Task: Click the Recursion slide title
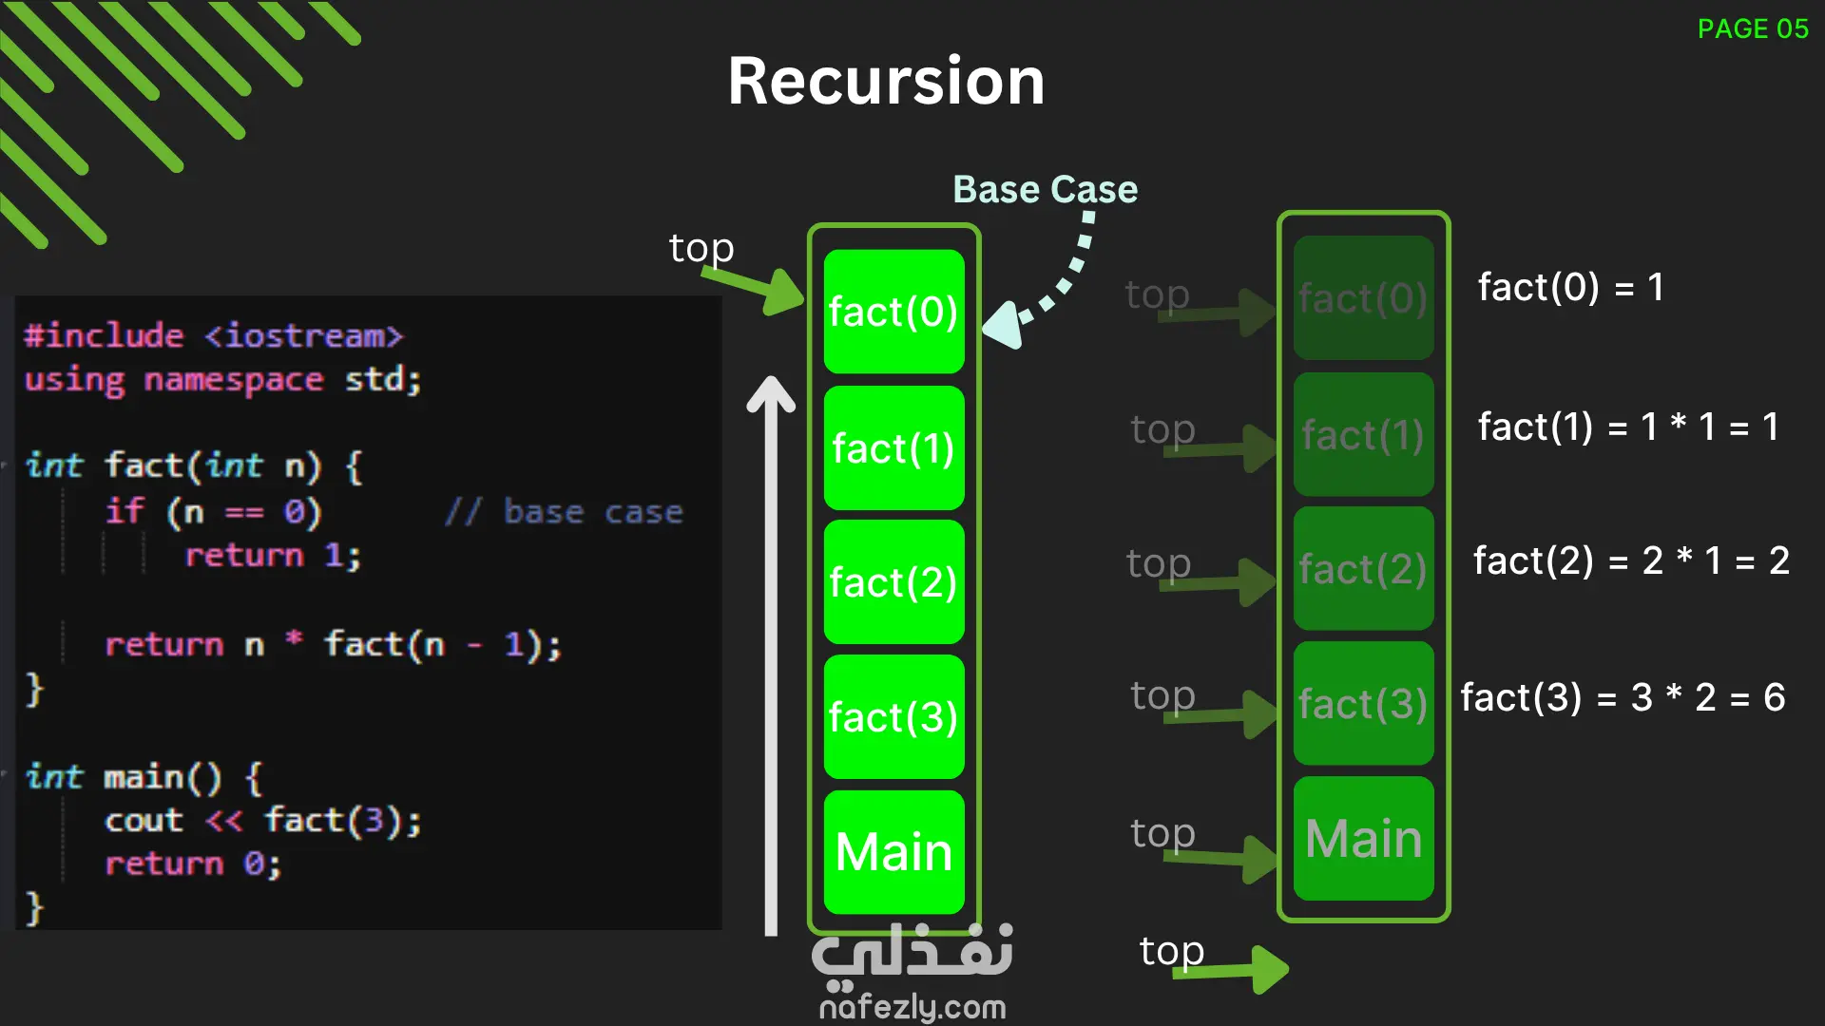(886, 81)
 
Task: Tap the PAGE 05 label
(1753, 28)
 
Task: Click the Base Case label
(1045, 189)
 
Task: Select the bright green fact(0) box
(893, 312)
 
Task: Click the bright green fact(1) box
(893, 447)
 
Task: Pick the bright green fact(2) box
(893, 581)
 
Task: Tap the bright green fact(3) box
(893, 716)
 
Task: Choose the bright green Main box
(893, 851)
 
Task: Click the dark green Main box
(1363, 838)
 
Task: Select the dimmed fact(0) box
(1363, 298)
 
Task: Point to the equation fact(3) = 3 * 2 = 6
(1623, 697)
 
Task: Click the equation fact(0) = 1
(1570, 287)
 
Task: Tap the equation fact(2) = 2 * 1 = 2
(1631, 560)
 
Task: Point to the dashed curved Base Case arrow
(1055, 285)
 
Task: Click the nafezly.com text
(912, 1007)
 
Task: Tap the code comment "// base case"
(564, 512)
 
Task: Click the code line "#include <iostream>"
(214, 335)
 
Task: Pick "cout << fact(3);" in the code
(262, 820)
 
